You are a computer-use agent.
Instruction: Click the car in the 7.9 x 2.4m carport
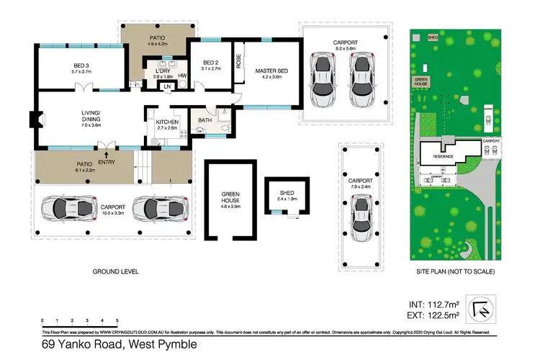coord(362,214)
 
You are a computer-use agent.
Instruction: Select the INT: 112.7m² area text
coord(433,303)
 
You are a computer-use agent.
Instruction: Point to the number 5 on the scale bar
coord(117,319)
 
